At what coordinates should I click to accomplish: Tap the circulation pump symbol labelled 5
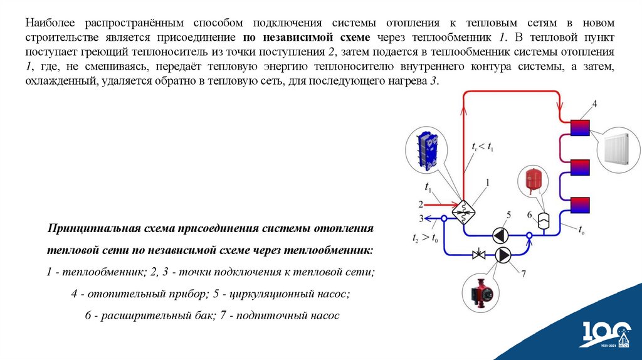pos(500,235)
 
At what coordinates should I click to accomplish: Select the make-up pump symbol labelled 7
pos(503,255)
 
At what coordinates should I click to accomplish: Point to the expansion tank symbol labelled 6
pos(544,220)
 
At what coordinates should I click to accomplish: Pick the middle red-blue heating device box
pos(579,167)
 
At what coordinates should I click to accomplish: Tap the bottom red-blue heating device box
pos(579,204)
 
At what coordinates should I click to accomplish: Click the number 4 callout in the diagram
pos(594,103)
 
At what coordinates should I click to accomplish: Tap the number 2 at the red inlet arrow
pos(421,203)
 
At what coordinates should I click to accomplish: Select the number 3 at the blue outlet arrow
pos(421,218)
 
